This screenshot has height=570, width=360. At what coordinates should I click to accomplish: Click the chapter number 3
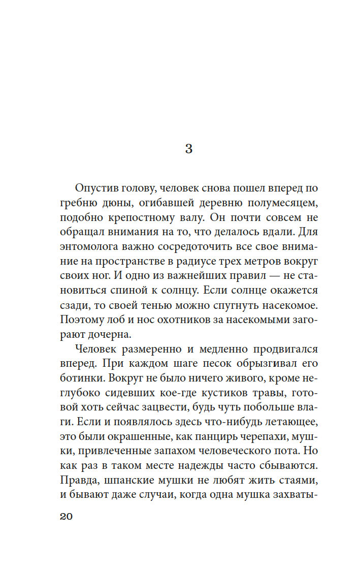click(x=188, y=149)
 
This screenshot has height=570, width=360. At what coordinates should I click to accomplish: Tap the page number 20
click(x=67, y=517)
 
